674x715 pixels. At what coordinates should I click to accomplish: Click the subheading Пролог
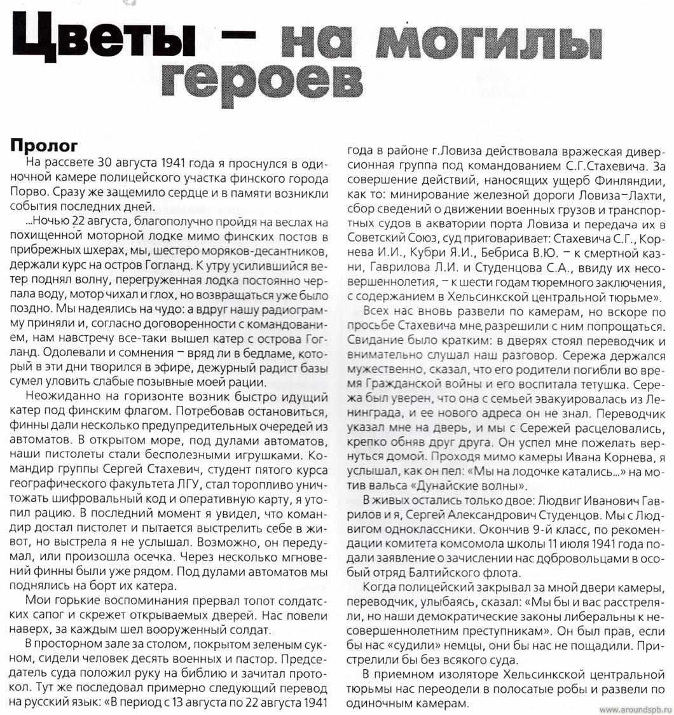(44, 145)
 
